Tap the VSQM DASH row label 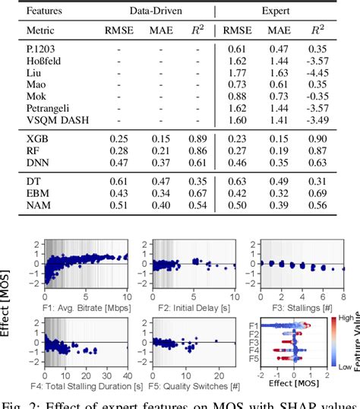56,119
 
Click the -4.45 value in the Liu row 318,73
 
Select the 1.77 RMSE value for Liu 236,73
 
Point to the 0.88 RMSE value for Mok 236,97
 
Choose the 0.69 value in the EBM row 318,192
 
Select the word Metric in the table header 40,30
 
